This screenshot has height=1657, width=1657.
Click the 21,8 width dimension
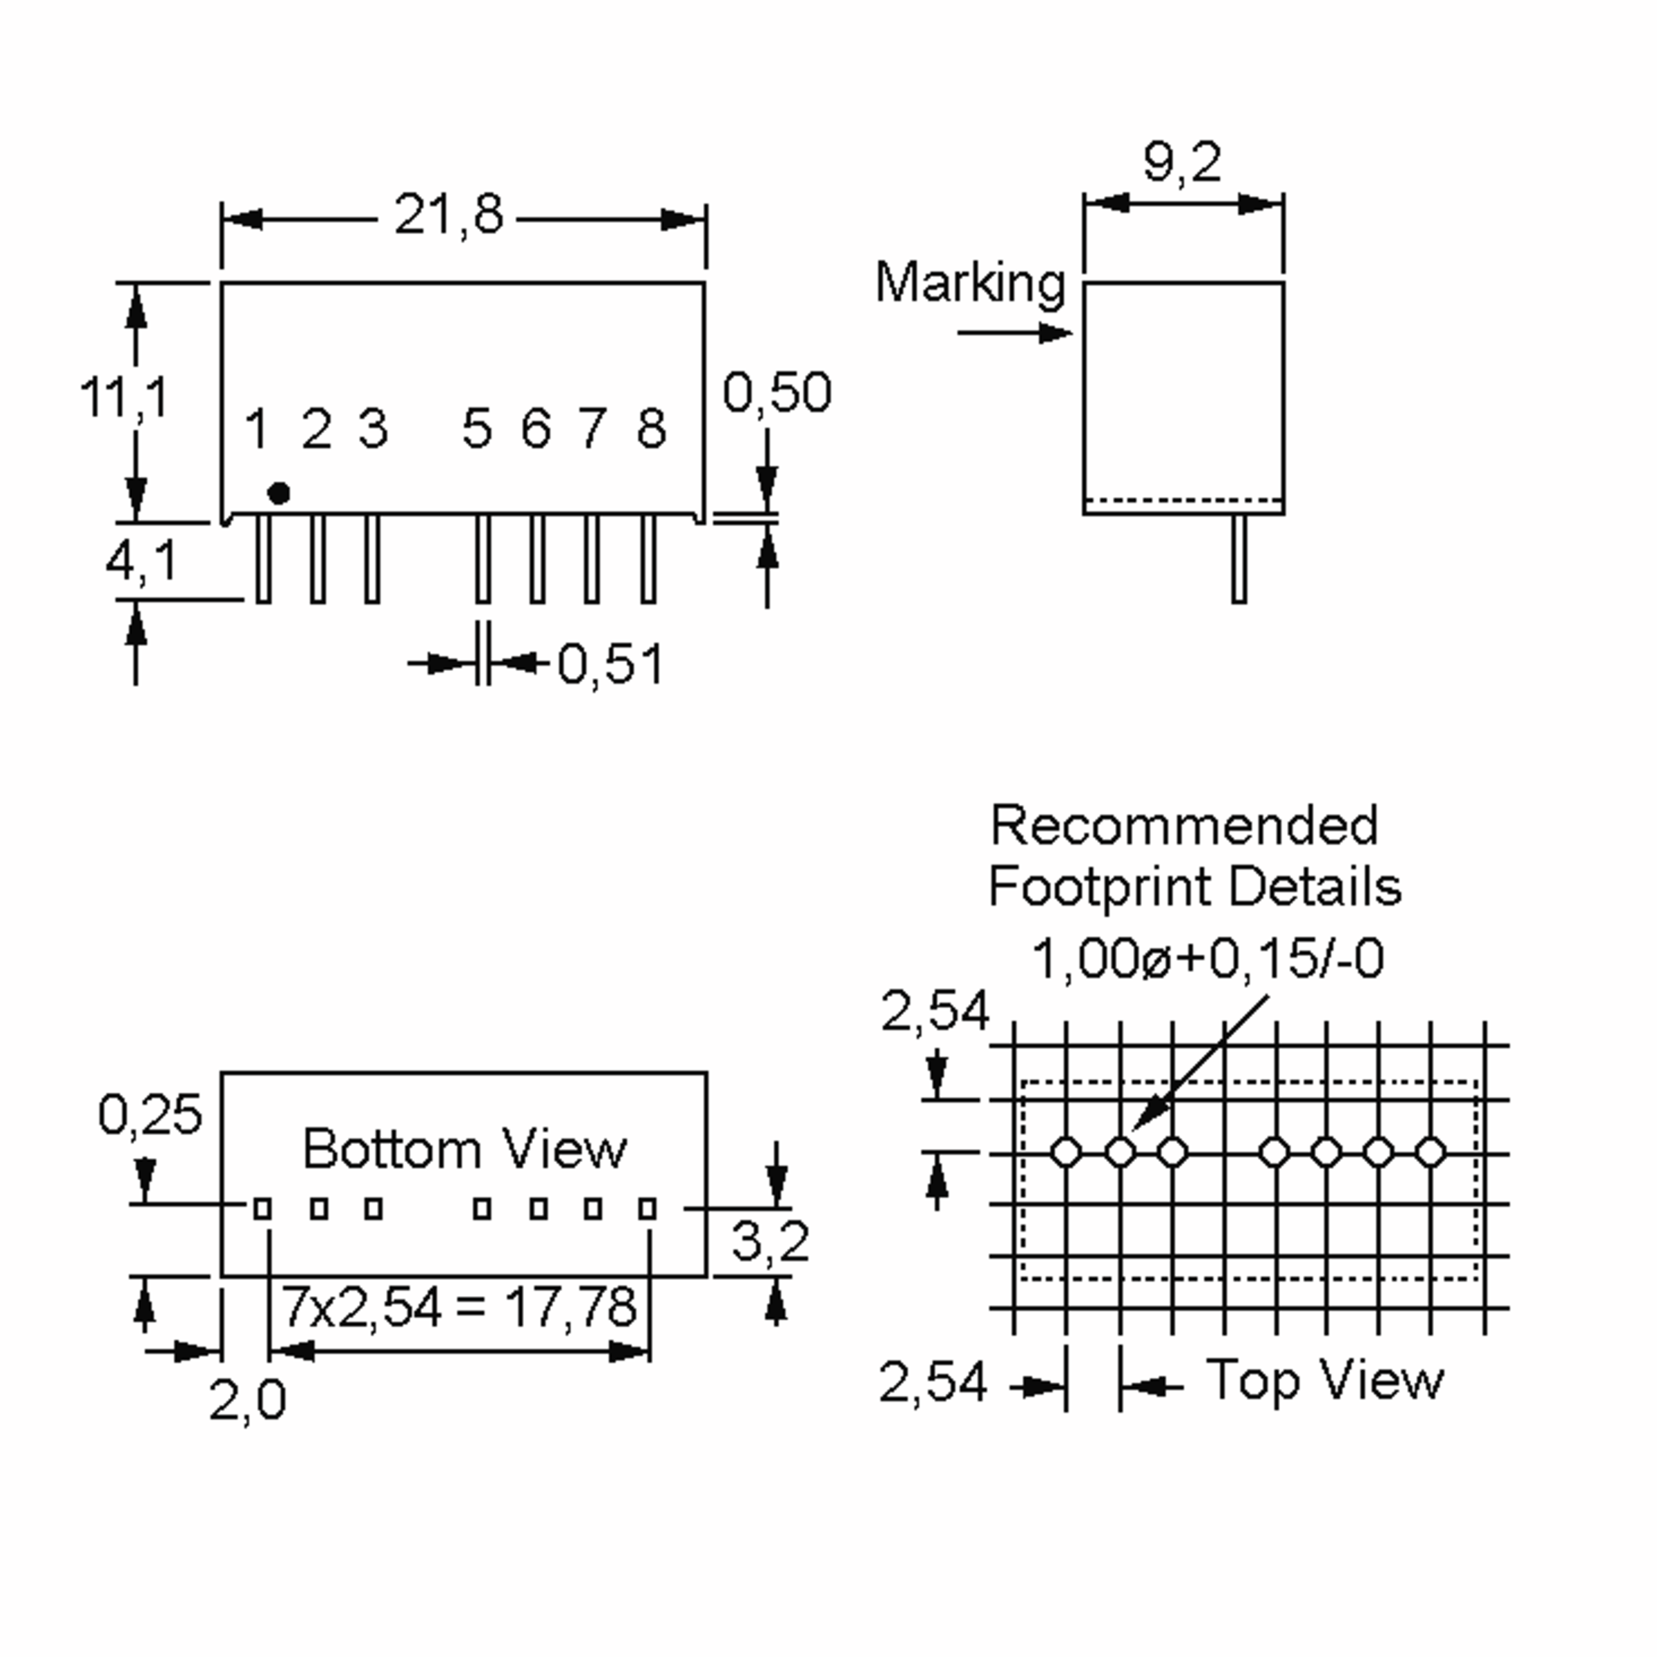click(449, 215)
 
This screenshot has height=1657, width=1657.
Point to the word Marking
click(970, 284)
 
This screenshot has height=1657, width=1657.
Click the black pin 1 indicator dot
click(279, 493)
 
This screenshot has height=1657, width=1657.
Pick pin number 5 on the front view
click(478, 428)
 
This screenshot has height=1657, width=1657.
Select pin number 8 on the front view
click(652, 428)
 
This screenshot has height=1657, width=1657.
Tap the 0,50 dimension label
click(777, 393)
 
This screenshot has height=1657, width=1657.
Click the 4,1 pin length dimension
click(142, 562)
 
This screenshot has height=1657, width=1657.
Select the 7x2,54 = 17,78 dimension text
click(460, 1306)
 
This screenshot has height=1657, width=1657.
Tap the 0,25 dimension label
click(150, 1114)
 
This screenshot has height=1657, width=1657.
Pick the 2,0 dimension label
click(247, 1401)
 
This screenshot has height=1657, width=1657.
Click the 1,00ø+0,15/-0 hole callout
click(1208, 958)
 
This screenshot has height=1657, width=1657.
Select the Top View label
click(1325, 1381)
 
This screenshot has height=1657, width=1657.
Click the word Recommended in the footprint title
click(1185, 825)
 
